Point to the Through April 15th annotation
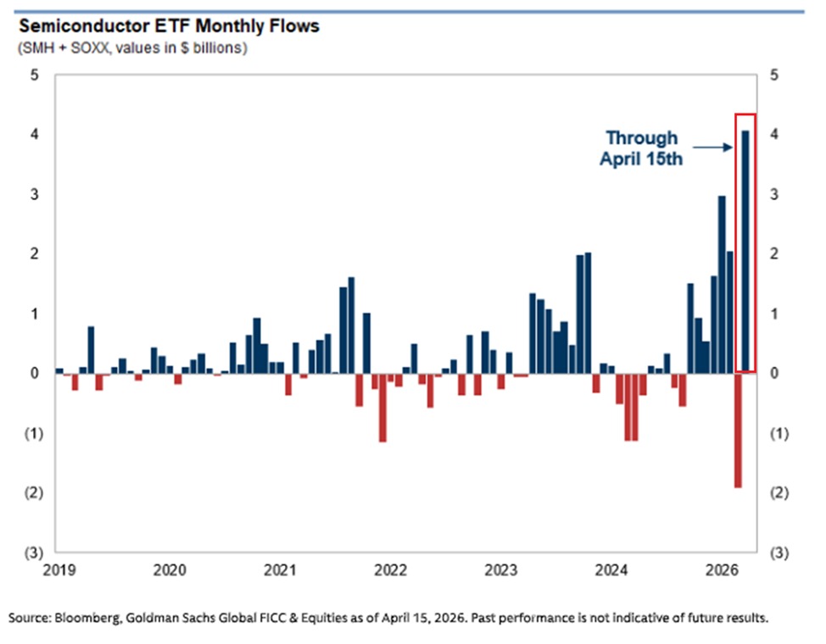click(642, 148)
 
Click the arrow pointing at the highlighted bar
click(717, 147)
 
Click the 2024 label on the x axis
click(611, 568)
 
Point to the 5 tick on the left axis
click(35, 75)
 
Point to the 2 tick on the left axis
click(35, 254)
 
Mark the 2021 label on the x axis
click(280, 568)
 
